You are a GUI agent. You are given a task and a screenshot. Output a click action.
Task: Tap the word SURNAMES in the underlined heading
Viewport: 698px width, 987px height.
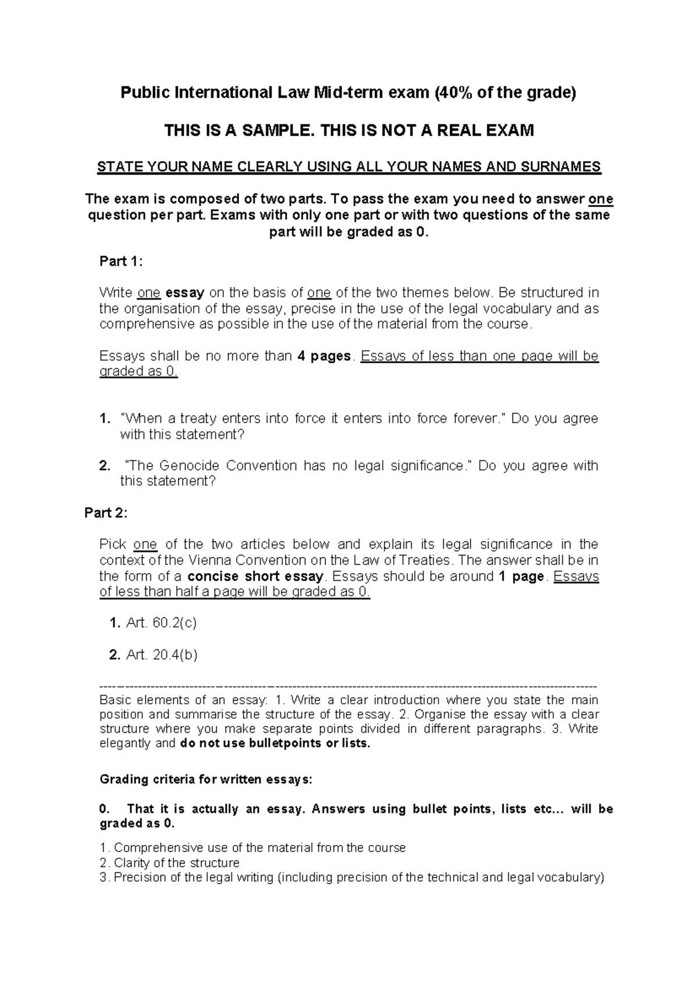click(x=565, y=167)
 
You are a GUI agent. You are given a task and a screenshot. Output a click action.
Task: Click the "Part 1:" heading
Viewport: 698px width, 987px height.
click(x=121, y=261)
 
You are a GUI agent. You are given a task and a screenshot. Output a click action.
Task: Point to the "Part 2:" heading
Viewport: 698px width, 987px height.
click(x=106, y=513)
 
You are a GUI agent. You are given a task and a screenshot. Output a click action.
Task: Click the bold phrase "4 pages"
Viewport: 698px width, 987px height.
click(x=324, y=356)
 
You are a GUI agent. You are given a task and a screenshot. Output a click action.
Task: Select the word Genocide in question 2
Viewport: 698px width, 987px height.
click(x=188, y=466)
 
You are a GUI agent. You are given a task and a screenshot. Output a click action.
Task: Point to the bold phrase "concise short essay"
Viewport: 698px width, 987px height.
click(x=256, y=577)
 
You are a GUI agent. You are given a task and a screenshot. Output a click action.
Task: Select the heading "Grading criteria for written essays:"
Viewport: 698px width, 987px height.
click(x=206, y=779)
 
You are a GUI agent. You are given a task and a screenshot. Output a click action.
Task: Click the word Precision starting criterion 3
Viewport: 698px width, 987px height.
click(x=140, y=878)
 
